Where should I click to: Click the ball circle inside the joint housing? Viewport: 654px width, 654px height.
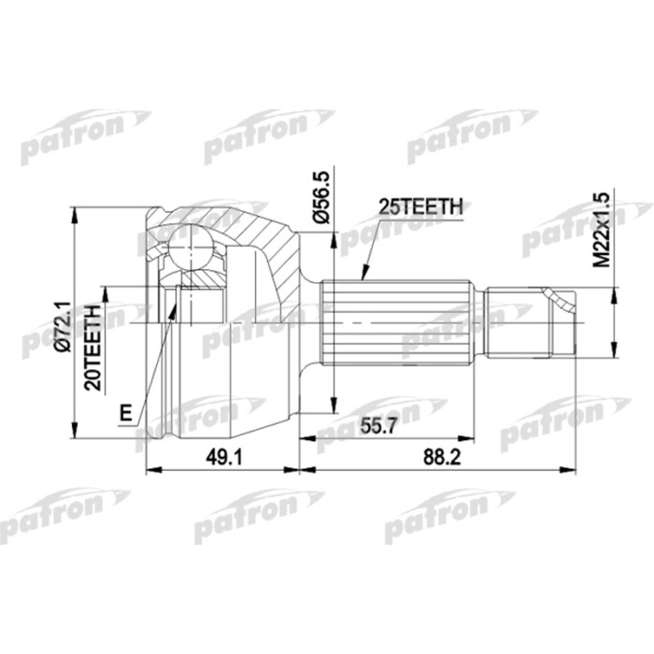click(x=193, y=249)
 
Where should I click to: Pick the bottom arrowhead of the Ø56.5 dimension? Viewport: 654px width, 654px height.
click(x=332, y=407)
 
